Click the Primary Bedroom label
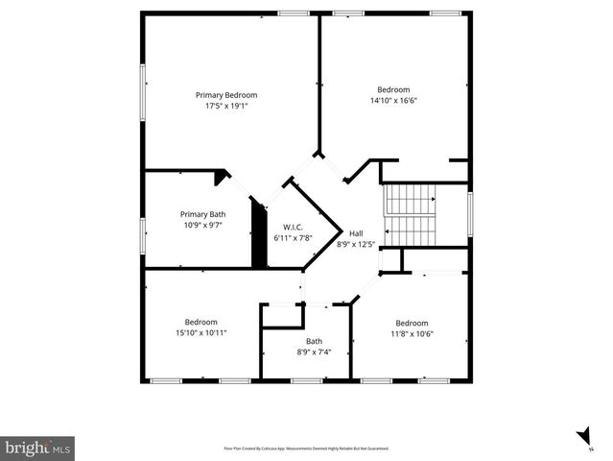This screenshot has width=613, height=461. pyautogui.click(x=226, y=95)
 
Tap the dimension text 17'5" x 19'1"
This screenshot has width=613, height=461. pyautogui.click(x=226, y=106)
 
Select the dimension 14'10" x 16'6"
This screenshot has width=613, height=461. pyautogui.click(x=393, y=100)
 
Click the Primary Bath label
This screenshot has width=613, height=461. pyautogui.click(x=203, y=214)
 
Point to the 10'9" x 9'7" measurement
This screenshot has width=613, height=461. pyautogui.click(x=203, y=225)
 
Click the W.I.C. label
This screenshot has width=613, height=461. pyautogui.click(x=293, y=227)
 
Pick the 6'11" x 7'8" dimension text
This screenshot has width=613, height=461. pyautogui.click(x=293, y=237)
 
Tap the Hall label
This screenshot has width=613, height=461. pyautogui.click(x=356, y=233)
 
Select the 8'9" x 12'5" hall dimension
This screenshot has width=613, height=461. pyautogui.click(x=356, y=244)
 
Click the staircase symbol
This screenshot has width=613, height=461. pyautogui.click(x=411, y=214)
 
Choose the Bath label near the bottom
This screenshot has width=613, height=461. pyautogui.click(x=314, y=341)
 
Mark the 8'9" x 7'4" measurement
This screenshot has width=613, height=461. pyautogui.click(x=314, y=352)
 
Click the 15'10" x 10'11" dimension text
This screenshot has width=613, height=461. pyautogui.click(x=201, y=332)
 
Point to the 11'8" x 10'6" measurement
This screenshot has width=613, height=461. pyautogui.click(x=413, y=333)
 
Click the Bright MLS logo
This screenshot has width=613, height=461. pyautogui.click(x=37, y=448)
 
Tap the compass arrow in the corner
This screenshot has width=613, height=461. pyautogui.click(x=582, y=438)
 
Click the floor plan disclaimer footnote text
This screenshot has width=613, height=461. pyautogui.click(x=306, y=449)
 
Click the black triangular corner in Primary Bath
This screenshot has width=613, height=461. pyautogui.click(x=223, y=177)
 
